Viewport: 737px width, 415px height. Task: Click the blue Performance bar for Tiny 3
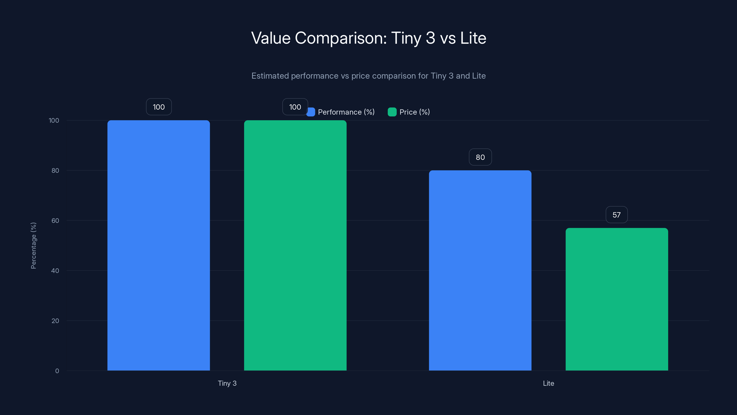(158, 245)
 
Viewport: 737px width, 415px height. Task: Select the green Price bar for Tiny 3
(295, 245)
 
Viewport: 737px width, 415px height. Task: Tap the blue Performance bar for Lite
(480, 270)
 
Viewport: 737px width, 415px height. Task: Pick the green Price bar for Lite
(617, 299)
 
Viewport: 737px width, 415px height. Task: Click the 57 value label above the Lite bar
(617, 215)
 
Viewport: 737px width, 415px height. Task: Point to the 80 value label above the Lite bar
(480, 157)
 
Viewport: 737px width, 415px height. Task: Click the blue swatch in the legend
(311, 112)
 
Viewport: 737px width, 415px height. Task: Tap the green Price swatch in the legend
(392, 112)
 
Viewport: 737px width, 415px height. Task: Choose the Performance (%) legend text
(346, 112)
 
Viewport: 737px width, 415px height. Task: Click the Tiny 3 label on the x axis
(227, 383)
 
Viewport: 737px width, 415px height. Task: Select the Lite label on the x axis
(548, 383)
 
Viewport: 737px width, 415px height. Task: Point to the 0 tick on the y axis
(57, 371)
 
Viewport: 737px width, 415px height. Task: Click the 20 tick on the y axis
(55, 321)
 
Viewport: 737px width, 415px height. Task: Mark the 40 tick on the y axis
(55, 271)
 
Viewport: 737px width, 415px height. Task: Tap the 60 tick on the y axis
(55, 221)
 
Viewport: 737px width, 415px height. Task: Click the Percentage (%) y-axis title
(33, 246)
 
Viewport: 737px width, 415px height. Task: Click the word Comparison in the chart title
(340, 38)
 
